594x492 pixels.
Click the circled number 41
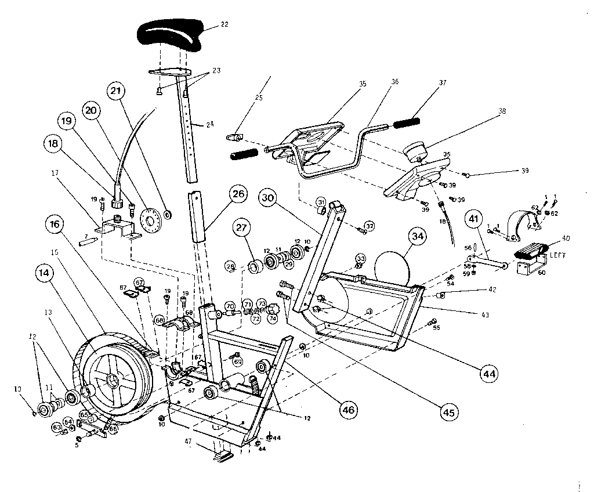473,219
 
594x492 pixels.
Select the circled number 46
347,410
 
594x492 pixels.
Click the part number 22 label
224,25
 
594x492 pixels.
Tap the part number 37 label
443,82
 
